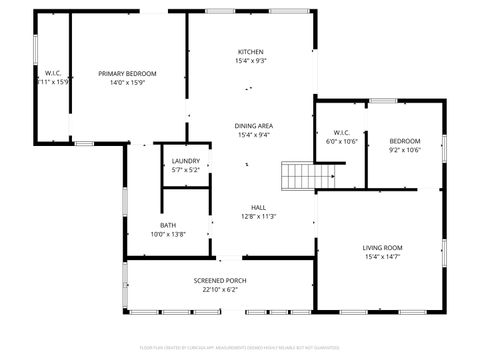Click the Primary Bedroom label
click(128, 73)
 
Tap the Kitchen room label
click(251, 52)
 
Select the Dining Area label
click(253, 125)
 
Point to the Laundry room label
click(185, 161)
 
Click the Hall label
click(258, 207)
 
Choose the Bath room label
click(168, 225)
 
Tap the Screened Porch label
click(220, 280)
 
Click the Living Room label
click(382, 247)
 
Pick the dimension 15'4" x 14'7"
click(382, 257)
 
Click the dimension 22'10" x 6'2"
click(220, 289)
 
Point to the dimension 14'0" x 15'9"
click(128, 82)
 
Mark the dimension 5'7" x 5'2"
click(185, 170)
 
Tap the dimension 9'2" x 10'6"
click(405, 150)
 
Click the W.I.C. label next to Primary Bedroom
click(53, 73)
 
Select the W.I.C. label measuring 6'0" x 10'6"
click(341, 132)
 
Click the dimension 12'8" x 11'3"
click(258, 216)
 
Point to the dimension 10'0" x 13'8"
click(168, 234)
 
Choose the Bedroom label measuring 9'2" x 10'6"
click(405, 141)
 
